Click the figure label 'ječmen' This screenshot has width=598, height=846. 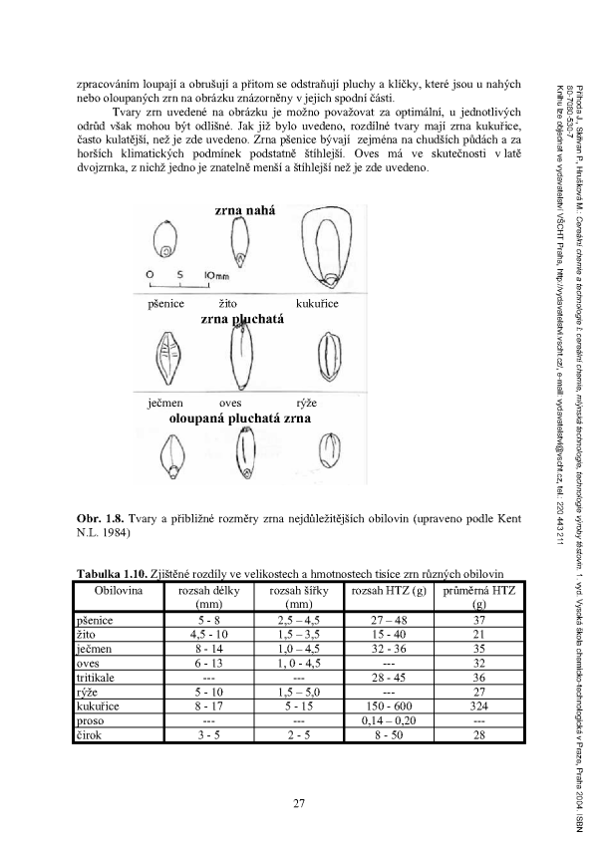(x=164, y=404)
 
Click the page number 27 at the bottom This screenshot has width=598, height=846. (x=298, y=803)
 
